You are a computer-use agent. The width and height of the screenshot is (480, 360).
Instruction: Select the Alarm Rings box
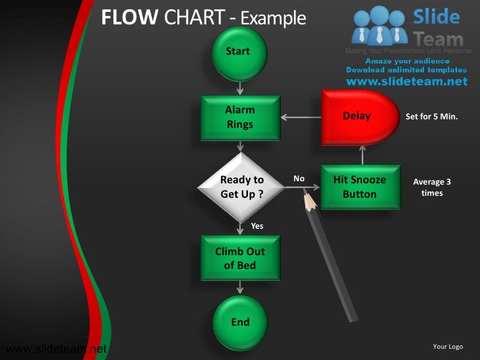point(240,117)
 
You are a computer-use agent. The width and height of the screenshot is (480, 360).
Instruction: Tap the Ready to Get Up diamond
point(241,187)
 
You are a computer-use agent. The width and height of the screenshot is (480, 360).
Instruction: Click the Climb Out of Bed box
point(240,258)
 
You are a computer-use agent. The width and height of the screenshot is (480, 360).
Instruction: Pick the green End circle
point(240,322)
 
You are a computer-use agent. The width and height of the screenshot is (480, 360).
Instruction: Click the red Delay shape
point(356,117)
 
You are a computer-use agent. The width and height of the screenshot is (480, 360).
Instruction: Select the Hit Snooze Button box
point(360,187)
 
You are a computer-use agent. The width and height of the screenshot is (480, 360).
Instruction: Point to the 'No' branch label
point(299,179)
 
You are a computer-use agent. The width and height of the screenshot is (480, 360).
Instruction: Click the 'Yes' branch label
point(257,226)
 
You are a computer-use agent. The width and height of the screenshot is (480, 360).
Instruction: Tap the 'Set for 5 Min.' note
point(431,117)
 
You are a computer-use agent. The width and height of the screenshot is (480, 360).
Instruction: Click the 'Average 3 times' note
point(432,187)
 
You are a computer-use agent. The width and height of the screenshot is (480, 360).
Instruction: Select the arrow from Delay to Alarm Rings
point(301,118)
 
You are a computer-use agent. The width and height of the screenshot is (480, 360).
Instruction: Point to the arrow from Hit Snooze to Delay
point(362,155)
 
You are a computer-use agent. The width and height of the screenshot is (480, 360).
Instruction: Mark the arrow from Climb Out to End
point(240,287)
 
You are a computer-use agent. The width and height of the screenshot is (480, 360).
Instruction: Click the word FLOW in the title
point(129,18)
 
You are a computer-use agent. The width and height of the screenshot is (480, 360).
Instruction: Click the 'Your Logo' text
point(448,347)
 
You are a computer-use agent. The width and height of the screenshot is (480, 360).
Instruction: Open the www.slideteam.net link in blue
point(406,82)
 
